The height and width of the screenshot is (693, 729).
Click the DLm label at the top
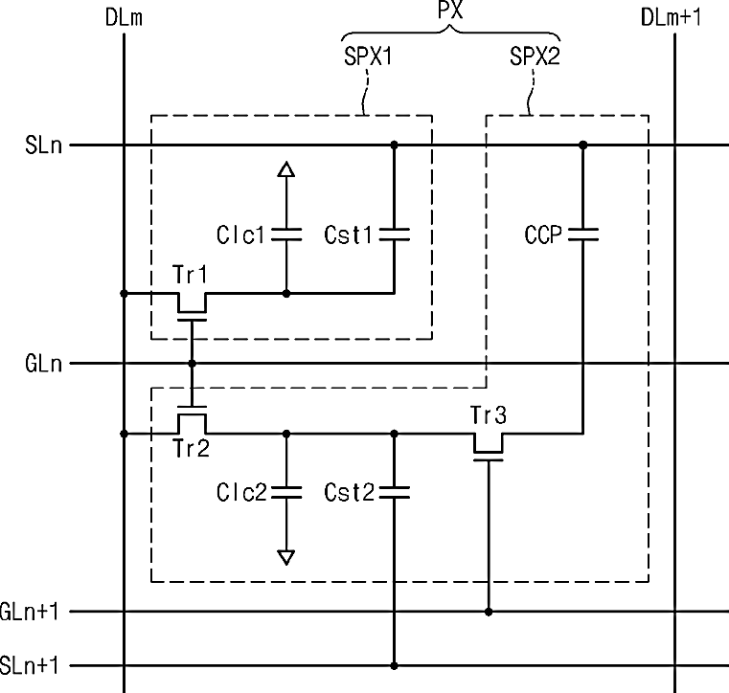point(124,18)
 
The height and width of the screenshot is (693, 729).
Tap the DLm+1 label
point(671,17)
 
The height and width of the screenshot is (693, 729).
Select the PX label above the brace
point(450,10)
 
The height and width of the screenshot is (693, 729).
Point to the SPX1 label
point(368,56)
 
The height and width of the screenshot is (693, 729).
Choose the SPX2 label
point(535,56)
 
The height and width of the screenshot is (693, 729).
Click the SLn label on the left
point(44,145)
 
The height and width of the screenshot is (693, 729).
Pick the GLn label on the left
point(44,363)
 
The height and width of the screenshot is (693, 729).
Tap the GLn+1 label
point(30,612)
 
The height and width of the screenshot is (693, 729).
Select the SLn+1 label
point(30,665)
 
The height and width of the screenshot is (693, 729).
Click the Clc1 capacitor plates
point(286,235)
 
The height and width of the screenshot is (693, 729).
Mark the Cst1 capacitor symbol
point(395,235)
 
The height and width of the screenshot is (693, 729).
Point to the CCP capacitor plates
point(583,235)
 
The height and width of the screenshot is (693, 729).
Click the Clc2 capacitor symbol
point(286,492)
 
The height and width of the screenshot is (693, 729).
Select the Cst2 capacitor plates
point(395,492)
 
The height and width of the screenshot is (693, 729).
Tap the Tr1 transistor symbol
point(192,306)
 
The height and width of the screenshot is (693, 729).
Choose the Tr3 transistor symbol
point(489,447)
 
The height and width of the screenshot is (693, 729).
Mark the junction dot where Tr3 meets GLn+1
point(489,612)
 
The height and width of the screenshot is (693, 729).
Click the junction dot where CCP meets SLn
point(583,145)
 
